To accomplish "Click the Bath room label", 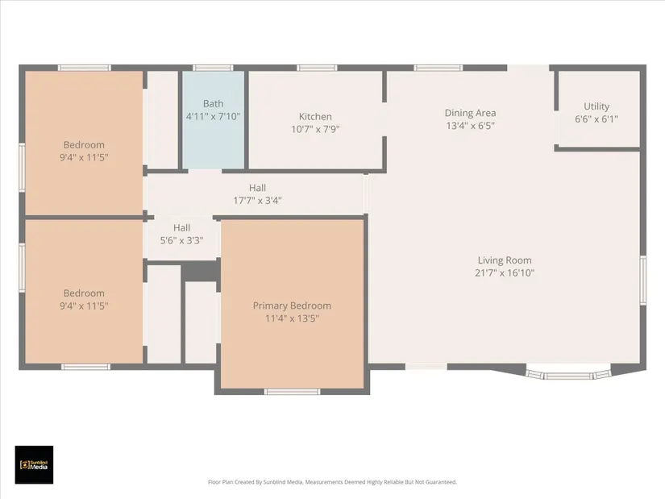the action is pyautogui.click(x=213, y=103).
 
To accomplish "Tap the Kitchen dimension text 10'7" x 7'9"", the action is pyautogui.click(x=315, y=129).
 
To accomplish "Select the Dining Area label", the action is pyautogui.click(x=470, y=114).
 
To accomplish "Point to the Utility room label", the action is pyautogui.click(x=596, y=106).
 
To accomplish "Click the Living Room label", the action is pyautogui.click(x=505, y=260).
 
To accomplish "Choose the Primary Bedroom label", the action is pyautogui.click(x=292, y=306).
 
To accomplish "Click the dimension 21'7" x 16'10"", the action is pyautogui.click(x=505, y=272).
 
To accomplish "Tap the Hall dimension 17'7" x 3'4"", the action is pyautogui.click(x=257, y=200).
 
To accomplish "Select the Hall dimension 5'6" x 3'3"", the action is pyautogui.click(x=181, y=240).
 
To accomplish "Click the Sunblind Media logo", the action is pyautogui.click(x=34, y=464).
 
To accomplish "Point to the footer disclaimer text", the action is pyautogui.click(x=332, y=482).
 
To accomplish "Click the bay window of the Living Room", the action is pyautogui.click(x=568, y=374).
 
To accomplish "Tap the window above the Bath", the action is pyautogui.click(x=213, y=68).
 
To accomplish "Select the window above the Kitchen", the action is pyautogui.click(x=317, y=68).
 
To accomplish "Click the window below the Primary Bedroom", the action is pyautogui.click(x=293, y=391).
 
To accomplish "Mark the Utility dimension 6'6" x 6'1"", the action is pyautogui.click(x=596, y=119).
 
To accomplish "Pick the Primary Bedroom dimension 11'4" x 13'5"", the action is pyautogui.click(x=292, y=318).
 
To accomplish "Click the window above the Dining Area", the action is pyautogui.click(x=438, y=68).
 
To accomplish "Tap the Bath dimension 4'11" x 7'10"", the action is pyautogui.click(x=213, y=116).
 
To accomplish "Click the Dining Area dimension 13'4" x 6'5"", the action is pyautogui.click(x=470, y=126).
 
